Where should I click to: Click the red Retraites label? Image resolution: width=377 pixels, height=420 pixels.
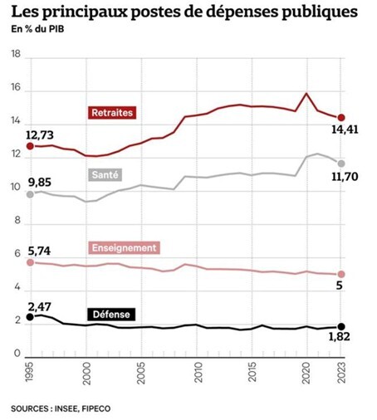click(x=112, y=113)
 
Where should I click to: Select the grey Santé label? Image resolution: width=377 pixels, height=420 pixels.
click(x=105, y=174)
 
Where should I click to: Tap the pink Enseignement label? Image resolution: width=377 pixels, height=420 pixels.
click(x=124, y=247)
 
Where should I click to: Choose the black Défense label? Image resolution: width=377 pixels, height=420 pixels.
click(x=111, y=315)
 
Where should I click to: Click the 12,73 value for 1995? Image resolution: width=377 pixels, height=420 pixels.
click(x=40, y=135)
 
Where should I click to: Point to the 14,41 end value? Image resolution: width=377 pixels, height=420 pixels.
click(x=345, y=129)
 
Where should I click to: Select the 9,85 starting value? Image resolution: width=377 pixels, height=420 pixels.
click(x=40, y=183)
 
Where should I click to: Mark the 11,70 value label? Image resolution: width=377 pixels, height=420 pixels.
click(x=345, y=177)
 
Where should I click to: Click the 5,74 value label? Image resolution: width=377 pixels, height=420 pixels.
click(x=39, y=252)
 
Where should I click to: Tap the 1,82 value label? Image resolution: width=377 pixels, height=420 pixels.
click(x=340, y=336)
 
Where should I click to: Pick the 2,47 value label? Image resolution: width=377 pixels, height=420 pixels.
click(x=39, y=307)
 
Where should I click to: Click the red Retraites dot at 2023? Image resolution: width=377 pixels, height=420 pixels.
click(x=341, y=118)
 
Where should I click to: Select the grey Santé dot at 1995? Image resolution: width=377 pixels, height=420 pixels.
click(x=30, y=194)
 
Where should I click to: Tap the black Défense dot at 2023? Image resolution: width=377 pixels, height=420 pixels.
click(x=341, y=326)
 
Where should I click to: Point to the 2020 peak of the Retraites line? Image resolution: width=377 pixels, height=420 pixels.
click(x=306, y=93)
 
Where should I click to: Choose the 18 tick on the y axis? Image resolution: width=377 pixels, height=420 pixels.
click(x=16, y=54)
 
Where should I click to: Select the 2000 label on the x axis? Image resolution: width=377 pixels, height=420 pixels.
click(x=86, y=373)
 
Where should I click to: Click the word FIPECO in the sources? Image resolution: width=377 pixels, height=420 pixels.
click(x=96, y=408)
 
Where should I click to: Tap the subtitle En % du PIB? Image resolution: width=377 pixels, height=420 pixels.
click(x=37, y=29)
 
